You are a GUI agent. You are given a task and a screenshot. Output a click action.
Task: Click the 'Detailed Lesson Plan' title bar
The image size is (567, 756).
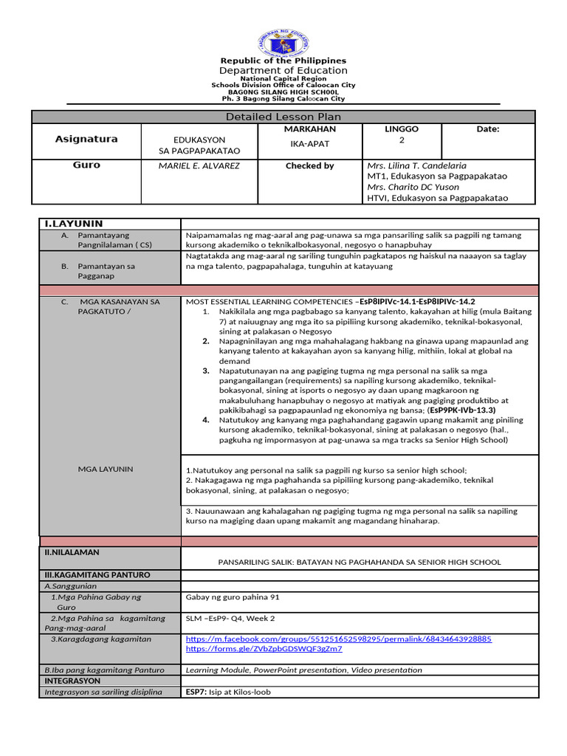click(x=283, y=117)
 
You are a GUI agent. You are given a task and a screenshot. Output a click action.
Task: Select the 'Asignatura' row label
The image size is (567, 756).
click(x=86, y=139)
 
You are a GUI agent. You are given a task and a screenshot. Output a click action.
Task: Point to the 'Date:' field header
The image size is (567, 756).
click(x=487, y=129)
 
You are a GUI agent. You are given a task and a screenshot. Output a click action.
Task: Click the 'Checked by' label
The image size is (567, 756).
click(x=309, y=166)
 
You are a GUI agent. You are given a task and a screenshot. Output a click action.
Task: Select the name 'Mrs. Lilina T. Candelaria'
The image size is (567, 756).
click(x=416, y=166)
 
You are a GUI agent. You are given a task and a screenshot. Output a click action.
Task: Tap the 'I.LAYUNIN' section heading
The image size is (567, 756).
click(x=74, y=224)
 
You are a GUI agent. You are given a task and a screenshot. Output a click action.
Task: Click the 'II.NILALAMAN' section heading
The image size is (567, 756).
click(x=72, y=552)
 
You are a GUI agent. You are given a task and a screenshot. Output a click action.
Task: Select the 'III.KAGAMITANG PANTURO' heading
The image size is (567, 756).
click(x=97, y=574)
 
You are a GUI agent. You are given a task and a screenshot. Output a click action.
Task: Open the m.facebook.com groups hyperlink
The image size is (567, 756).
click(x=338, y=639)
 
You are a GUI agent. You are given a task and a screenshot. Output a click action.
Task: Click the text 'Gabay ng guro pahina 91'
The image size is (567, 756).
click(x=233, y=597)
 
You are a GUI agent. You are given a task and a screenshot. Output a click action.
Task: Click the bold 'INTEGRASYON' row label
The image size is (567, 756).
click(x=72, y=681)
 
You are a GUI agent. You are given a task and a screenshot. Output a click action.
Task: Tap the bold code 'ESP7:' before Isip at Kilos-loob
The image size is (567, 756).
click(x=196, y=693)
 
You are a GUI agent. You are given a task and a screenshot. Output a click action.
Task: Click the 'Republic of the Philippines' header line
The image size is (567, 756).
click(x=283, y=61)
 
